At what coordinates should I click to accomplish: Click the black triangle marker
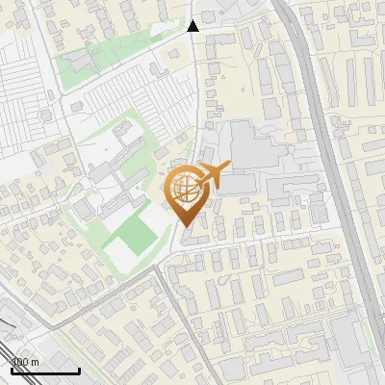coord(193,26)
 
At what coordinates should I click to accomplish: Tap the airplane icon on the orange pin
coord(215,174)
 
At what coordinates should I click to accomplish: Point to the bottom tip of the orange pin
coord(185,227)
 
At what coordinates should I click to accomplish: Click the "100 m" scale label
coord(25,362)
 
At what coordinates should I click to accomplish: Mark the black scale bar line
coord(43,371)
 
